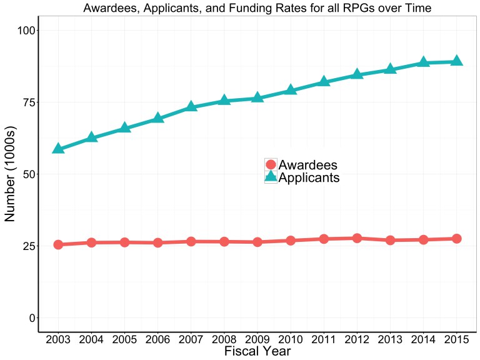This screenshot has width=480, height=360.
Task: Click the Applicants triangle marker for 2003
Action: (x=58, y=149)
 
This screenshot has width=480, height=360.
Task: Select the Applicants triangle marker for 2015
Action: (x=457, y=61)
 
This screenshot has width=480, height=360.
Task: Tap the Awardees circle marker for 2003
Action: (x=58, y=244)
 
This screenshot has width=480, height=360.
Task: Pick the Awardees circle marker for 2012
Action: (x=357, y=238)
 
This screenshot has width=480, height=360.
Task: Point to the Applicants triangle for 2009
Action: (x=257, y=98)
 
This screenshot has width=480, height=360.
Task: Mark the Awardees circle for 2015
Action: (x=457, y=239)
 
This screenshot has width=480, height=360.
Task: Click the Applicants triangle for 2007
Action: (x=191, y=107)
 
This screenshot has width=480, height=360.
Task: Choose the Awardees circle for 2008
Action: (x=224, y=241)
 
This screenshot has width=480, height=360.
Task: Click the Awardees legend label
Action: (x=308, y=165)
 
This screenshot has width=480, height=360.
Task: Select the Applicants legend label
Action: (x=309, y=177)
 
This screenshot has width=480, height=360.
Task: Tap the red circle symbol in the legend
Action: (x=271, y=165)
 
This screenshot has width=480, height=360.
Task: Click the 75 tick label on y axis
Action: (x=25, y=102)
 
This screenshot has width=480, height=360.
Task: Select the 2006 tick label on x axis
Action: (x=157, y=339)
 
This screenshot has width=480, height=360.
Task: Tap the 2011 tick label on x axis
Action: (x=324, y=339)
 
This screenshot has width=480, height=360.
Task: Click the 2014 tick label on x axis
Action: (x=423, y=339)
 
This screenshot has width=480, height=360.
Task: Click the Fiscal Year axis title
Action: (x=257, y=351)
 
